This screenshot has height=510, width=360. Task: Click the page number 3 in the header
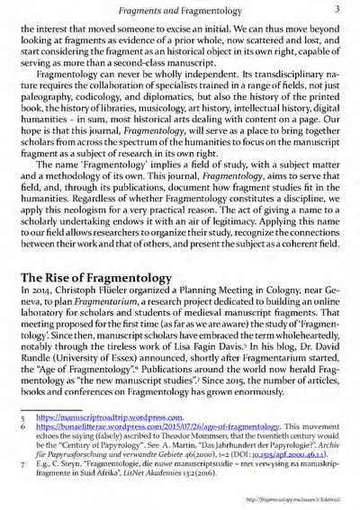pyautogui.click(x=334, y=9)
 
